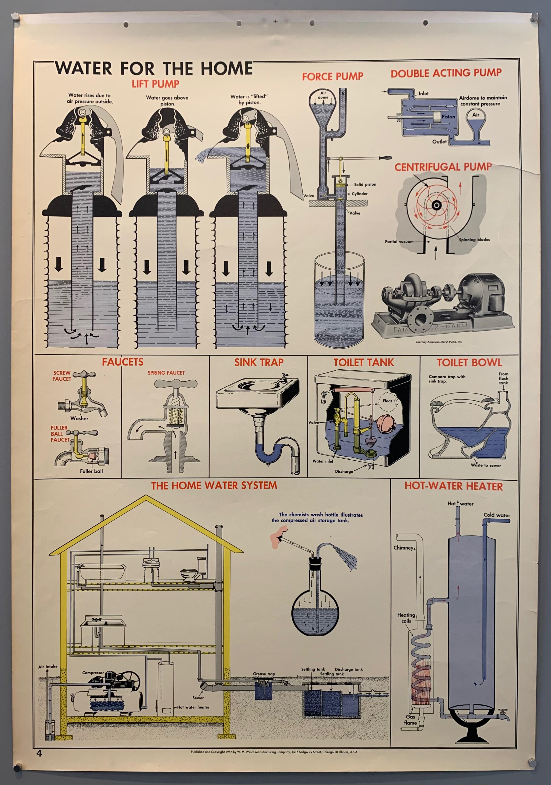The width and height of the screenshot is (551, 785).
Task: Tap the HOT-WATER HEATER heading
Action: coord(454,486)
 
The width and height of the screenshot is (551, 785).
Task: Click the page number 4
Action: coord(39,753)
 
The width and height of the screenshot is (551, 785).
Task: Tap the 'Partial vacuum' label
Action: coord(399,241)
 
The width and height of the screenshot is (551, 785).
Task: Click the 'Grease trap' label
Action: coord(264,674)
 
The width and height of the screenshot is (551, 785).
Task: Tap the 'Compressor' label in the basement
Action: coord(93,673)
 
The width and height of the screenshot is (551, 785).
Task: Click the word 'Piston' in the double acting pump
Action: coord(448,117)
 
